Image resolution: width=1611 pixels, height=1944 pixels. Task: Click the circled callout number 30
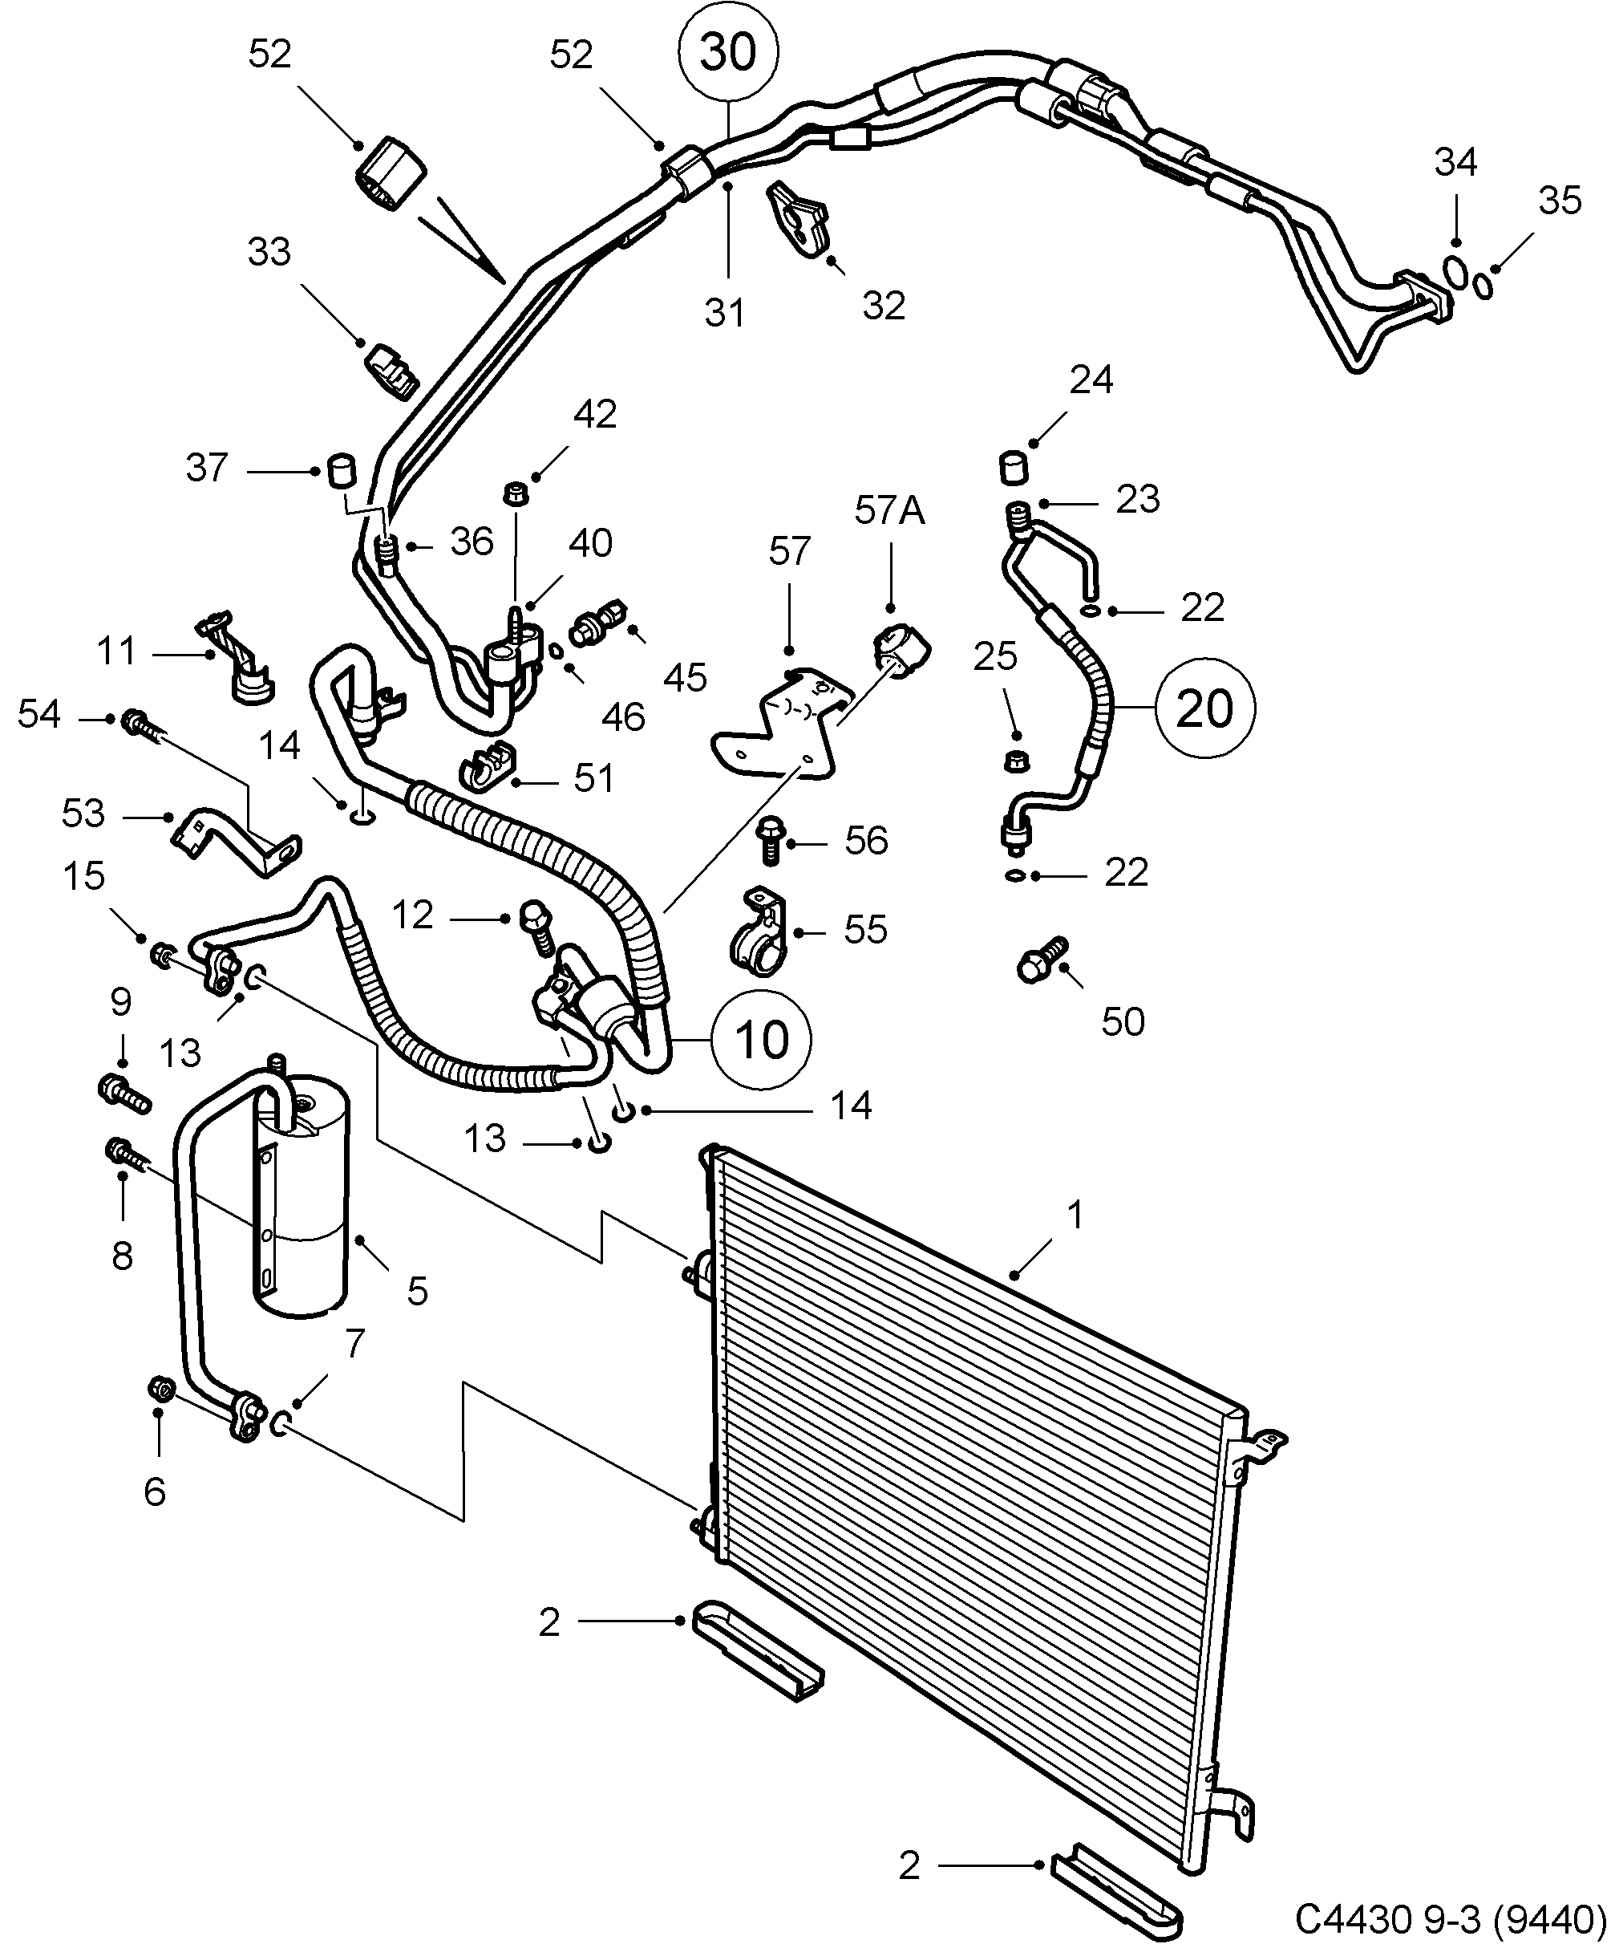(x=728, y=53)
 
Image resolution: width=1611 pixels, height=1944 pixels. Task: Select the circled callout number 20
(x=1204, y=709)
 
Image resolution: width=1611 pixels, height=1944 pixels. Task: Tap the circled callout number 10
(x=762, y=1039)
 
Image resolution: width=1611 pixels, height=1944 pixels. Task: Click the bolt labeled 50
(x=1042, y=961)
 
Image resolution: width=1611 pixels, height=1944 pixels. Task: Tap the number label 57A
(x=889, y=510)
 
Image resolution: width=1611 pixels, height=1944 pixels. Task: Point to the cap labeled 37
(x=342, y=470)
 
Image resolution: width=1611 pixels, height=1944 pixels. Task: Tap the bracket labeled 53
(x=236, y=837)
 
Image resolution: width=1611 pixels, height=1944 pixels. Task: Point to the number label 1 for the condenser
(x=1075, y=1214)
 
